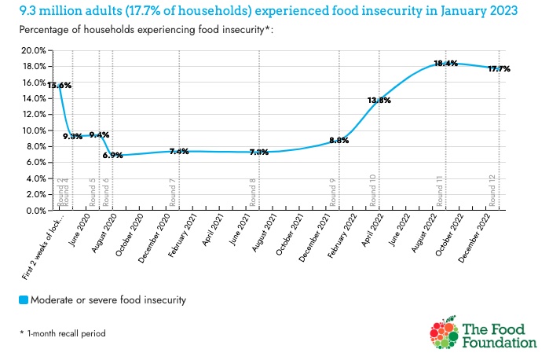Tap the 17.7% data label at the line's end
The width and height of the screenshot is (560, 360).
pyautogui.click(x=500, y=69)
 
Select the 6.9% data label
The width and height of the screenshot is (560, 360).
pyautogui.click(x=112, y=156)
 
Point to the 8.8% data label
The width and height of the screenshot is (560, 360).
pyautogui.click(x=339, y=140)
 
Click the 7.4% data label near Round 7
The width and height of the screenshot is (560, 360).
pyautogui.click(x=179, y=151)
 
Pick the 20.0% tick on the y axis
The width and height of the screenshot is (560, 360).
pyautogui.click(x=32, y=50)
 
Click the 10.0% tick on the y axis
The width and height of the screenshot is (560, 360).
pyautogui.click(x=32, y=130)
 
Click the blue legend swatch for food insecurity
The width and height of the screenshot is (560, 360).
pyautogui.click(x=24, y=299)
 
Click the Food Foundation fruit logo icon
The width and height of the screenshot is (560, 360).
pyautogui.click(x=444, y=334)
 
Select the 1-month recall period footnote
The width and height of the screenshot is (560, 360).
pyautogui.click(x=63, y=333)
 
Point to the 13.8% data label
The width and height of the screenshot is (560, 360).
pyautogui.click(x=379, y=101)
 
